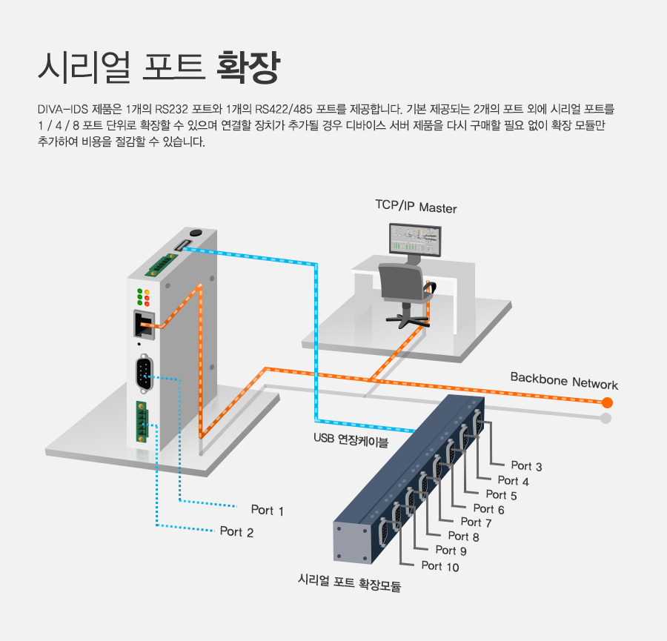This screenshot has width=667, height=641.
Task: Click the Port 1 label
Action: click(267, 511)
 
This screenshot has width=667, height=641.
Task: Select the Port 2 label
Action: click(236, 532)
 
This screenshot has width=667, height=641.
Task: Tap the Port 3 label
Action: click(526, 466)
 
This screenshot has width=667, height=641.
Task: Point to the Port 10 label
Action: click(440, 567)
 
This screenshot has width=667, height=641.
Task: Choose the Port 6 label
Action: click(488, 509)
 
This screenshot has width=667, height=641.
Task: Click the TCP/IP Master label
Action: click(416, 207)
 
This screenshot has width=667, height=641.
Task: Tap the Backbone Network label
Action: click(564, 381)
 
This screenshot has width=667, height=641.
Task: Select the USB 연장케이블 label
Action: click(351, 440)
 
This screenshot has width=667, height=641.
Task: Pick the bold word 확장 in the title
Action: click(248, 67)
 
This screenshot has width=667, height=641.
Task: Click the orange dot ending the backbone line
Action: click(608, 403)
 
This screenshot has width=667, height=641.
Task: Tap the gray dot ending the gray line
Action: click(606, 419)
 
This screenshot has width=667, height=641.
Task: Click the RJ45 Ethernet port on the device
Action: click(145, 324)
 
